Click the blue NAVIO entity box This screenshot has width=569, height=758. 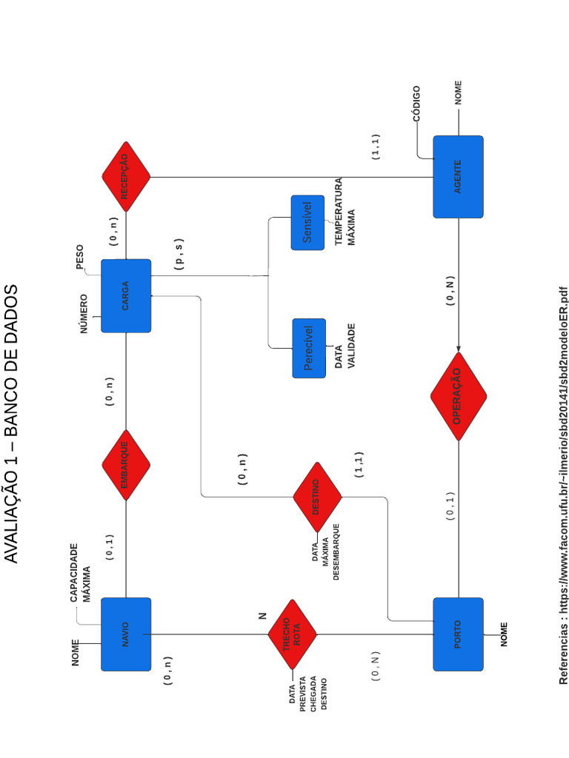point(126,634)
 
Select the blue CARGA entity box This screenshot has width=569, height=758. point(126,295)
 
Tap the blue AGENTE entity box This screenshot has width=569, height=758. point(458,177)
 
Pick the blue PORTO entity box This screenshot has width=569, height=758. point(458,634)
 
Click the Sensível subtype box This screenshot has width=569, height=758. point(308,223)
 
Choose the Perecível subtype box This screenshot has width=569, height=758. point(309,348)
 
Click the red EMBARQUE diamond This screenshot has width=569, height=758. point(126,465)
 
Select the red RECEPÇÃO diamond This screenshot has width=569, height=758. point(126,177)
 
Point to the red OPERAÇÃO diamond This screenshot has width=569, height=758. point(458,396)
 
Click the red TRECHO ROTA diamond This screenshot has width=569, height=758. point(292,634)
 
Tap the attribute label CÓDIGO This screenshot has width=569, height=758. point(416,104)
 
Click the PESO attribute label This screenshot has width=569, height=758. point(80,256)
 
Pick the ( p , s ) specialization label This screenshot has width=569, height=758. point(179,254)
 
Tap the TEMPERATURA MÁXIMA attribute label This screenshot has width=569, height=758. point(345,212)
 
